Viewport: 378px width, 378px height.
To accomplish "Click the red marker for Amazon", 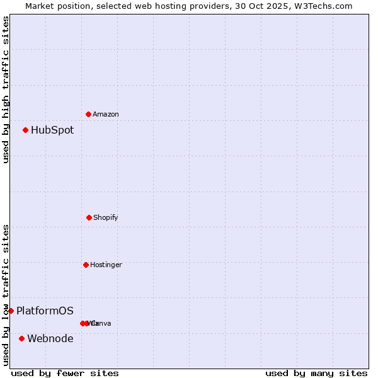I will tap(88, 114).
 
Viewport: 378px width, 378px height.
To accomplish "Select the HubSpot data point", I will tap(25, 130).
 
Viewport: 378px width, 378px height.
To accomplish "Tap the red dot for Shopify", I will tap(89, 217).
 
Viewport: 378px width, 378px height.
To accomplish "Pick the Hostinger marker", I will tap(86, 265).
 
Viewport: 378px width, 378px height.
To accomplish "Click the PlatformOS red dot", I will tap(11, 311).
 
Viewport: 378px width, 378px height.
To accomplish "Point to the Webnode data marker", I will tap(21, 338).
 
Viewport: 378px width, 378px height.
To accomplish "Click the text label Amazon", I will tap(106, 114).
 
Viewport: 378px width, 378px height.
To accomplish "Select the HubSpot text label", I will tap(52, 130).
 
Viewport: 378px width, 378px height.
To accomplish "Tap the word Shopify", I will tap(106, 217).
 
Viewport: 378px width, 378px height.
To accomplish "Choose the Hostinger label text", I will tap(106, 265).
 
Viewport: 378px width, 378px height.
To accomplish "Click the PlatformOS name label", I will tap(45, 311).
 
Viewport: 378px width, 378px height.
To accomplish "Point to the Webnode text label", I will tap(50, 339).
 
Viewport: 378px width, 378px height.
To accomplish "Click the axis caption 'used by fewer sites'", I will tap(65, 373).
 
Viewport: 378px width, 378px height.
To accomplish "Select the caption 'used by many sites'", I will tap(316, 373).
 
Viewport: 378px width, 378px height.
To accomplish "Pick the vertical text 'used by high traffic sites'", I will tap(6, 89).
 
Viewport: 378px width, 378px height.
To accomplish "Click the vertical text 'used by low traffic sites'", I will tap(6, 294).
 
